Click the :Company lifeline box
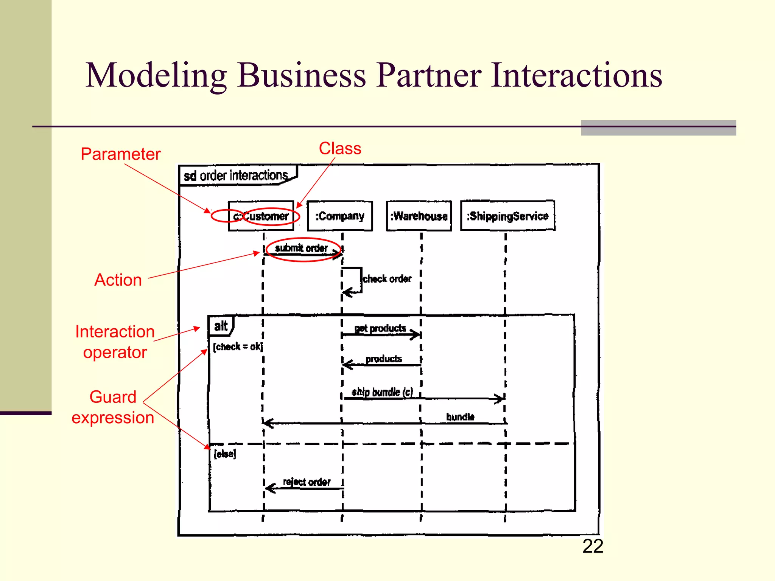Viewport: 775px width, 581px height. (340, 216)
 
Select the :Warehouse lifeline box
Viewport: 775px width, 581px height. (419, 216)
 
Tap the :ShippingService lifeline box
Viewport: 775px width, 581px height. (507, 216)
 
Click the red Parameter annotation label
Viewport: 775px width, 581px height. (120, 154)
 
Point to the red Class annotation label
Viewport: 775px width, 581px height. (340, 148)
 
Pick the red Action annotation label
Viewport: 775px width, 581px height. (118, 280)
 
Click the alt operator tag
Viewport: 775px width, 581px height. (221, 326)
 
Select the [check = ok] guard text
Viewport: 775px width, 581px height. (238, 346)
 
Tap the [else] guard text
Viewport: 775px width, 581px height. (225, 454)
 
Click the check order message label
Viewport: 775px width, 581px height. (387, 279)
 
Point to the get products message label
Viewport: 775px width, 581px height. (380, 328)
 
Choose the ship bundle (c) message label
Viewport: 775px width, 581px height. (382, 392)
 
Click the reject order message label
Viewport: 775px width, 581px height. (307, 482)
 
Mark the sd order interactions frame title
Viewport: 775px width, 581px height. (236, 176)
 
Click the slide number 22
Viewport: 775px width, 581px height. (593, 546)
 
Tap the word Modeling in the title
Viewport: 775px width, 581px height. (156, 75)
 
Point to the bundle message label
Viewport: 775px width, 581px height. (460, 416)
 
